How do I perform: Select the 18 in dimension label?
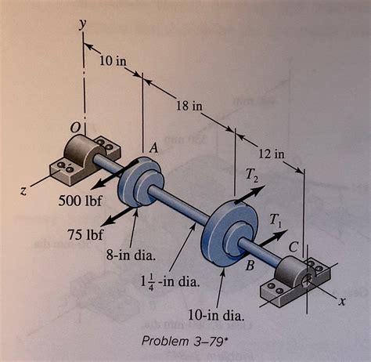pos(185,105)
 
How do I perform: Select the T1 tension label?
pos(278,222)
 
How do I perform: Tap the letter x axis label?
pos(341,300)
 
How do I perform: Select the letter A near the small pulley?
pos(154,147)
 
